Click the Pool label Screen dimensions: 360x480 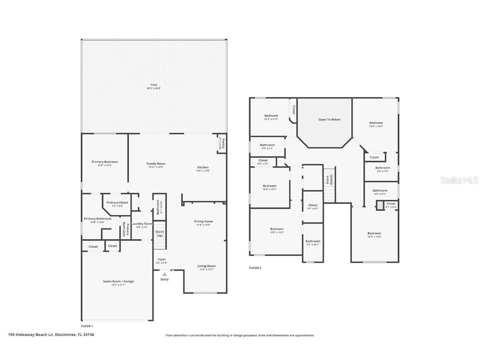[x=154, y=85]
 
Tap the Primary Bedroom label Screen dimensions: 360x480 [x=105, y=162]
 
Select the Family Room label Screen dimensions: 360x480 [x=156, y=164]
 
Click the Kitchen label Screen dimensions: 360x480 [x=203, y=167]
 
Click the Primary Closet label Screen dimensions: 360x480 [x=117, y=202]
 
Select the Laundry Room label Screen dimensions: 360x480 [x=142, y=224]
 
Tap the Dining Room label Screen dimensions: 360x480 [x=203, y=221]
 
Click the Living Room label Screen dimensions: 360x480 [x=206, y=266]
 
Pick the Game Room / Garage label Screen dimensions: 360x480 [x=118, y=281]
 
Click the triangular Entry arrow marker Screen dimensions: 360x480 [x=165, y=274]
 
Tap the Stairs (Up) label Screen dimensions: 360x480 [x=160, y=233]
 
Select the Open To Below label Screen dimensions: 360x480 [x=329, y=120]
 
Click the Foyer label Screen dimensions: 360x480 [x=161, y=259]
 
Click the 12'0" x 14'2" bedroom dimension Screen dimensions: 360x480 [x=376, y=127]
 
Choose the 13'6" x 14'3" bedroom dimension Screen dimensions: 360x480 [x=277, y=232]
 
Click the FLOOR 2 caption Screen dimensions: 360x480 [x=255, y=268]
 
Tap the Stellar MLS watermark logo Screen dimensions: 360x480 [x=460, y=180]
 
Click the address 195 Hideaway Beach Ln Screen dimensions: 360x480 [x=51, y=334]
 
